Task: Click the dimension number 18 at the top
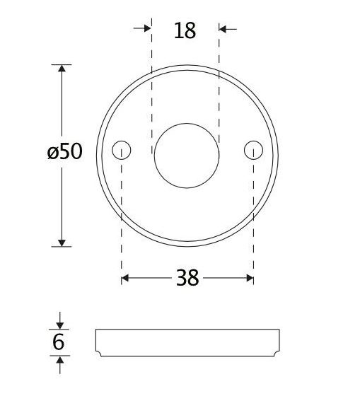coord(184,31)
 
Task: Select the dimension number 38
coord(187,279)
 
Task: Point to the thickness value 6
coord(59,342)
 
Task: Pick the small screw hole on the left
coord(122,150)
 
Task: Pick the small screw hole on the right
coord(253,150)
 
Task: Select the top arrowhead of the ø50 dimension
coord(62,69)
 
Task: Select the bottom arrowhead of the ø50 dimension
coord(62,243)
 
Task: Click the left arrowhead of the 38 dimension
coord(126,279)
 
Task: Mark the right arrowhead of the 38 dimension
coord(249,279)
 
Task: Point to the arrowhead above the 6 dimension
coord(59,324)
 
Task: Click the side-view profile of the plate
coord(187,342)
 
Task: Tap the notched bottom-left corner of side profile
coord(99,352)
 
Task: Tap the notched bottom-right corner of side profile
coord(274,352)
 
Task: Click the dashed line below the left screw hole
coord(122,212)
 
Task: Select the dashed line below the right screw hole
coord(253,212)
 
